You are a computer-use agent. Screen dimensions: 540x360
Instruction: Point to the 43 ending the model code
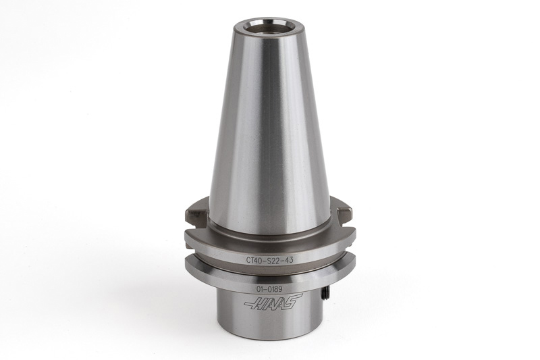[x=288, y=260]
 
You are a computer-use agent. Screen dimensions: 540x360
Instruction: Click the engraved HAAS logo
[x=273, y=301]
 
